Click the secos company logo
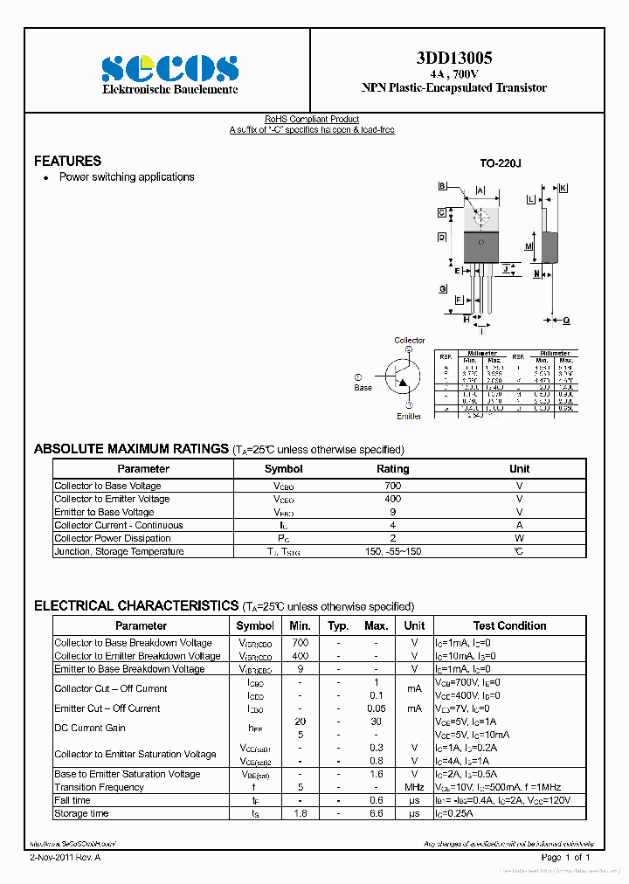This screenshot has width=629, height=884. click(x=169, y=68)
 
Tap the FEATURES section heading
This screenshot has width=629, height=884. click(x=67, y=161)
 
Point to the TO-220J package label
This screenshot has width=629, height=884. click(x=500, y=163)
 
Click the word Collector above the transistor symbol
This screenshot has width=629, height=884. click(x=409, y=341)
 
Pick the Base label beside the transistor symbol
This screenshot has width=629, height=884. click(x=363, y=388)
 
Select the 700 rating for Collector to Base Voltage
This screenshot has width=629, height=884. click(x=392, y=486)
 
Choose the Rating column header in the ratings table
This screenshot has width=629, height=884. click(x=392, y=469)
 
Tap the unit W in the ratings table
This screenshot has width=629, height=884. click(x=519, y=538)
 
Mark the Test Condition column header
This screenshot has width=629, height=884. click(x=509, y=625)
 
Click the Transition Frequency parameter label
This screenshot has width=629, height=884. click(x=99, y=787)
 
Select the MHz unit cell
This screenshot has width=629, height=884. click(x=414, y=787)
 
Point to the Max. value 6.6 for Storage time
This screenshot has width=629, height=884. click(x=376, y=813)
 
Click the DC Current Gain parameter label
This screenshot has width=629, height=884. click(x=90, y=728)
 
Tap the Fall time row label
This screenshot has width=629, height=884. click(x=73, y=800)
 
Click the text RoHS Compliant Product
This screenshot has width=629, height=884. click(x=312, y=120)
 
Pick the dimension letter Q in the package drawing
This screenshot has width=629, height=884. click(x=566, y=321)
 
